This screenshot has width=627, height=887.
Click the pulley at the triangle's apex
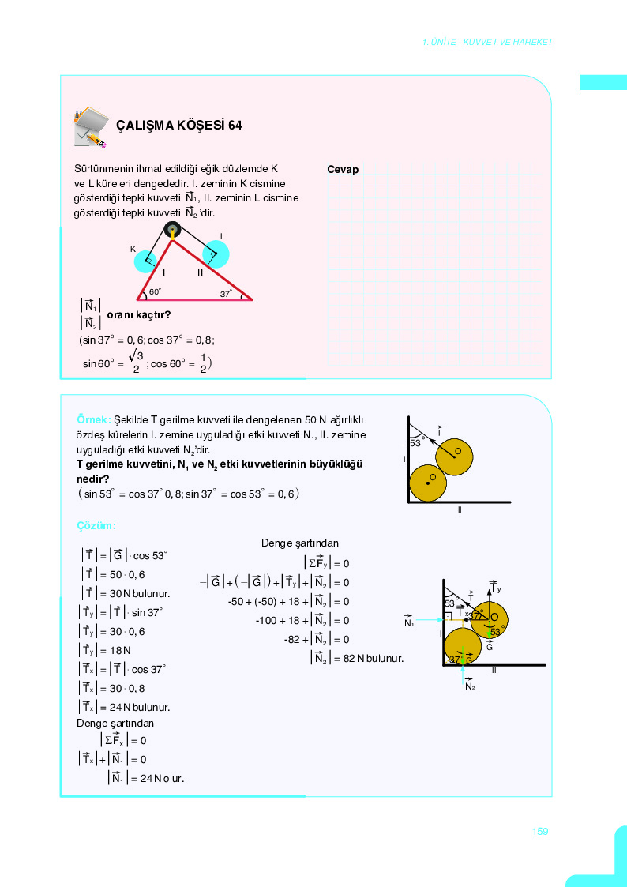tap(172, 230)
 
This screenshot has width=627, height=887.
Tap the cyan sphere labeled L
tap(215, 254)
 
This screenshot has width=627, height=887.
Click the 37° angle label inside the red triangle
tap(226, 294)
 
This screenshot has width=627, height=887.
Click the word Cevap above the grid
tap(343, 170)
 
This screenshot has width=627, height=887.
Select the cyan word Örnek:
tap(94, 419)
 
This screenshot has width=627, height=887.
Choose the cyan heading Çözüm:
tap(96, 525)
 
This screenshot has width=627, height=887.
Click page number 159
tap(540, 831)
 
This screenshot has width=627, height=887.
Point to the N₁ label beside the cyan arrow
tap(408, 623)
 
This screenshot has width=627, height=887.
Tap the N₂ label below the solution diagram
tap(470, 686)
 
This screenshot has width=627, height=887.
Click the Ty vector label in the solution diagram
tap(497, 589)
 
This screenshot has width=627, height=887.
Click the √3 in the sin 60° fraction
tap(137, 355)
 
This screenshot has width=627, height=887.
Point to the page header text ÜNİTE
tap(444, 42)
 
